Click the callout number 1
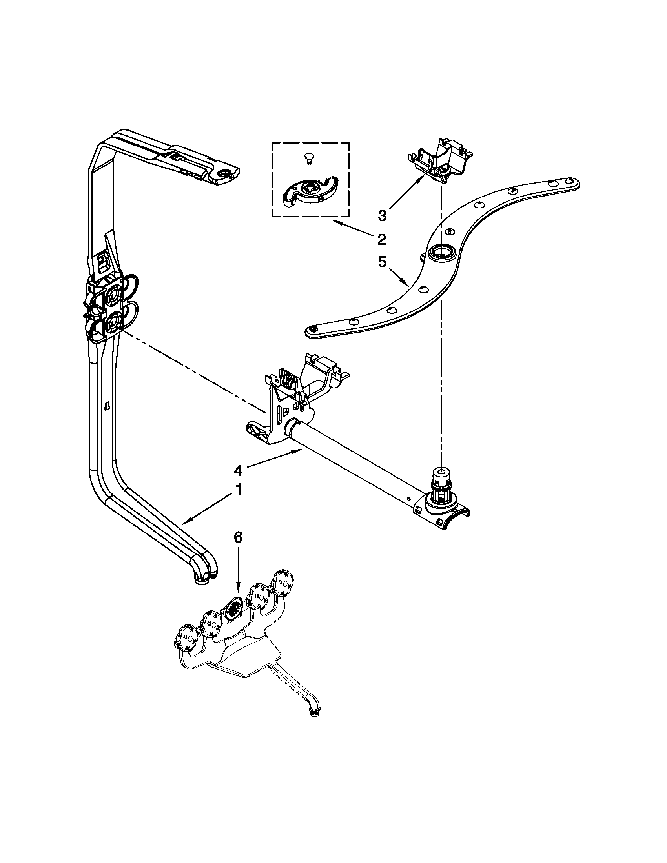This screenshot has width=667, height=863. (238, 490)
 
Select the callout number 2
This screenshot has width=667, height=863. (381, 239)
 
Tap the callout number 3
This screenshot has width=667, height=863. (382, 216)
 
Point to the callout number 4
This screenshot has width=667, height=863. (238, 470)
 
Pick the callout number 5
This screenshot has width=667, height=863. (382, 262)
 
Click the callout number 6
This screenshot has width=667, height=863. (238, 537)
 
